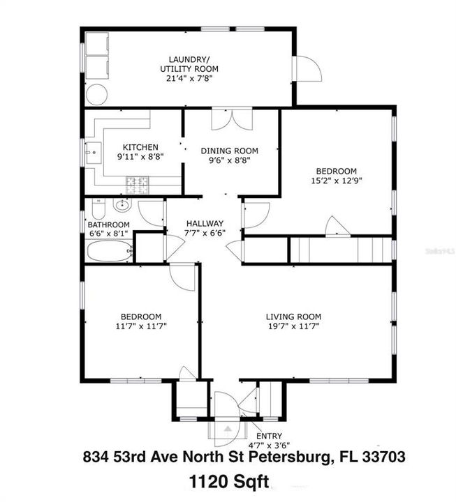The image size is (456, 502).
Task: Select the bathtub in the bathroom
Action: [x=110, y=252]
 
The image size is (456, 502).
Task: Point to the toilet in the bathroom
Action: [x=98, y=209]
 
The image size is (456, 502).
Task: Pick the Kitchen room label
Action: [x=140, y=147]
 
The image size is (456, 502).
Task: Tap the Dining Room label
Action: [x=229, y=151]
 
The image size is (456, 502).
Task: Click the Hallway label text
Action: [x=205, y=223]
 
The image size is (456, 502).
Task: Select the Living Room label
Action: [x=292, y=316]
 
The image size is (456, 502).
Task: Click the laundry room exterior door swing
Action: [x=306, y=70]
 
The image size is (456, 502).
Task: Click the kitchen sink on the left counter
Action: [x=91, y=151]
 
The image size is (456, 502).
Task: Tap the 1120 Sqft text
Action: [x=228, y=480]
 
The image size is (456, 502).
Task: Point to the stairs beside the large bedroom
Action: [x=341, y=249]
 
